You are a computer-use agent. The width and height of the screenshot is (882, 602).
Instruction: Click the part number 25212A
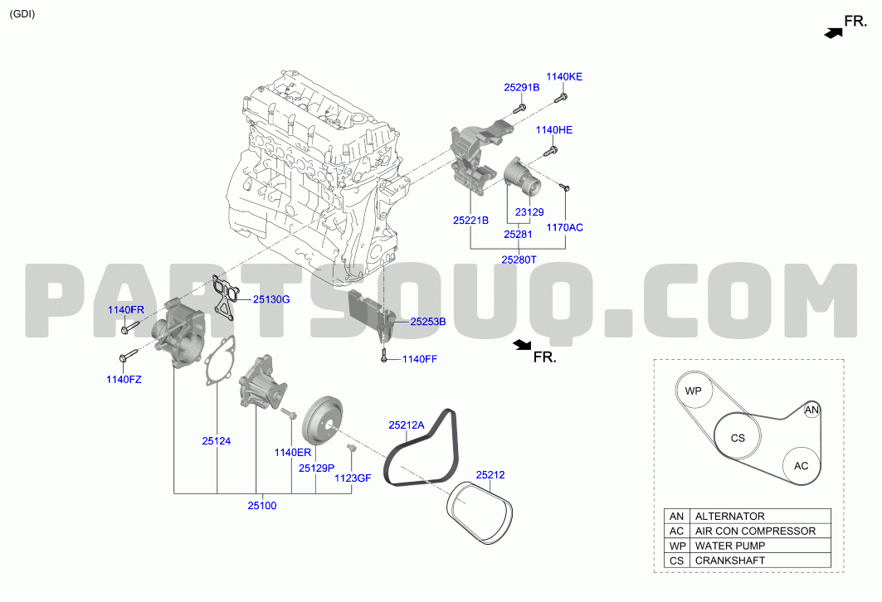(406, 425)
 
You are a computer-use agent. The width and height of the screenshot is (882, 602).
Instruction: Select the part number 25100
(262, 505)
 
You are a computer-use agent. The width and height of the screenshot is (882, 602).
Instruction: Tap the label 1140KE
(564, 76)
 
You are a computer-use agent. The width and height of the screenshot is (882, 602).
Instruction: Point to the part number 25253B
(428, 322)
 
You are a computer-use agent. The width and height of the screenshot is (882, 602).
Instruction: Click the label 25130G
(271, 299)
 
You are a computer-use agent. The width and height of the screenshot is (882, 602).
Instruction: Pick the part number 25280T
(519, 260)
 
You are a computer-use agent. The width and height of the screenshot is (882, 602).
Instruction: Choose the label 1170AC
(565, 227)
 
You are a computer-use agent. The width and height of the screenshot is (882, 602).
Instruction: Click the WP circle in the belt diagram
(694, 391)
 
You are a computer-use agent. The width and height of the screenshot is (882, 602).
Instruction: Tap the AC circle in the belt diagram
(802, 466)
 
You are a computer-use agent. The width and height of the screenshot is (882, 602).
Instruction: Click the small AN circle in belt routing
(811, 410)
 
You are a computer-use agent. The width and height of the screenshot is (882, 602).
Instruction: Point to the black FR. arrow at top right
(834, 33)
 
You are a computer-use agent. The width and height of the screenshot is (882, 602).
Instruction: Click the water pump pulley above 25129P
(324, 421)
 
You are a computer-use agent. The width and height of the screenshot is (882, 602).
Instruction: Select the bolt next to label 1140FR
(130, 327)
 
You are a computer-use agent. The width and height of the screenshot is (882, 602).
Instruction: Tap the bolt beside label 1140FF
(383, 355)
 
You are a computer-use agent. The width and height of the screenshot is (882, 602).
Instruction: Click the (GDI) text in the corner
(22, 14)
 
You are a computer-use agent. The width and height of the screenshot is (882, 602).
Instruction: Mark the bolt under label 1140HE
(551, 150)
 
